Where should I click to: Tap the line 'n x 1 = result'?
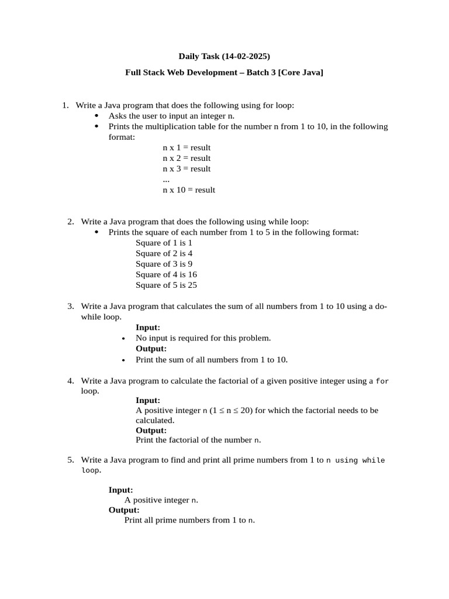(x=186, y=147)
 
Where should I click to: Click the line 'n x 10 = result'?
(x=189, y=190)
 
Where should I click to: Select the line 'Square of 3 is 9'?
(x=164, y=264)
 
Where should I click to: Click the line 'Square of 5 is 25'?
(x=166, y=285)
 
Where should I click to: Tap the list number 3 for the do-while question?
(x=70, y=306)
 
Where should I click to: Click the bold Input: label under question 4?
(x=148, y=400)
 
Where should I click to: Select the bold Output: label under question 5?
(x=124, y=510)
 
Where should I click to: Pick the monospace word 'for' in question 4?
(x=382, y=381)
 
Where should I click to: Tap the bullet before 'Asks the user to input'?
(x=96, y=116)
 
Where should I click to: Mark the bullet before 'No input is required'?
(x=123, y=339)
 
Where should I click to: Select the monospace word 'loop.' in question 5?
(x=91, y=470)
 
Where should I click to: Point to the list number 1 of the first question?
(x=65, y=105)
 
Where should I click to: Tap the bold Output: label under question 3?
(x=151, y=349)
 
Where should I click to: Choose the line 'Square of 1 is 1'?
(x=164, y=243)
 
